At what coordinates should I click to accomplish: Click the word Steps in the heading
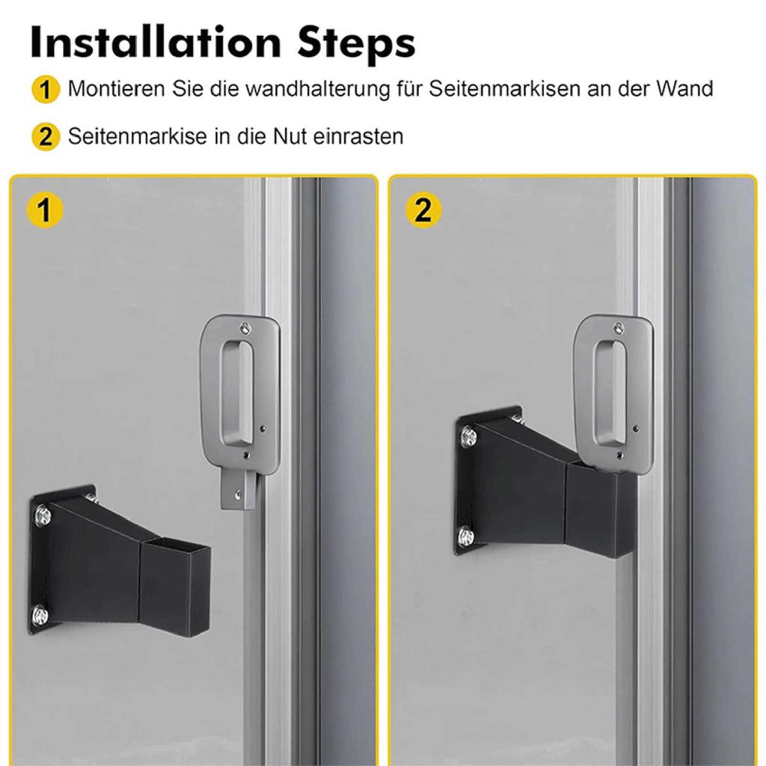point(355,44)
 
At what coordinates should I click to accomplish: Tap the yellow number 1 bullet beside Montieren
point(45,91)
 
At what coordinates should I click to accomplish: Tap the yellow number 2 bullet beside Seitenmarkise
point(45,138)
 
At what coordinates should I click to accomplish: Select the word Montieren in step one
point(116,89)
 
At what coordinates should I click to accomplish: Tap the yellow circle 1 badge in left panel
point(45,211)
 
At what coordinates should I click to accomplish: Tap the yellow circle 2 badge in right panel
point(423,211)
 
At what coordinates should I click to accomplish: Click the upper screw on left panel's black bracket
point(43,515)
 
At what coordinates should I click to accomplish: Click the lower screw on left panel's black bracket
point(40,615)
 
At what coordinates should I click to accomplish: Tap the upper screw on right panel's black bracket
point(468,436)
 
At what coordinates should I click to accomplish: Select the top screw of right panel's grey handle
point(618,327)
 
